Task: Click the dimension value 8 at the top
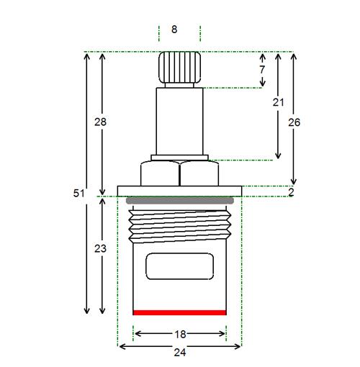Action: tap(174, 30)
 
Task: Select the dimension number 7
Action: tap(262, 70)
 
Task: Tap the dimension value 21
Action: tap(278, 102)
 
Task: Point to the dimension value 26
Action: tap(294, 122)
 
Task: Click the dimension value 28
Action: tap(100, 122)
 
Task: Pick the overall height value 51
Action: tap(79, 193)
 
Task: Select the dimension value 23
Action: tap(100, 248)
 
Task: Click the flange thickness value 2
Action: tap(291, 192)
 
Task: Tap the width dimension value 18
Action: tap(180, 335)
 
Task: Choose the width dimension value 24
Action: tap(180, 353)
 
